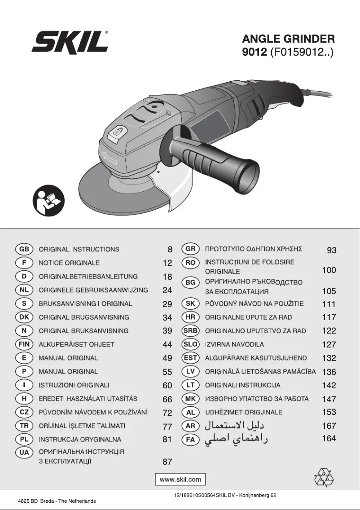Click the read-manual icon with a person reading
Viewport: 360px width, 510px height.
point(48,201)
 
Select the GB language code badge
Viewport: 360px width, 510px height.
point(24,249)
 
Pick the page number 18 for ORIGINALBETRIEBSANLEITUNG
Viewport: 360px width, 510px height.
point(167,277)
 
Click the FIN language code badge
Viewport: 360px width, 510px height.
point(24,344)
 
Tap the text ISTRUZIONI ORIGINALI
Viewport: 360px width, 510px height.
point(74,385)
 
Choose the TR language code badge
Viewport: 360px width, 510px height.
point(24,426)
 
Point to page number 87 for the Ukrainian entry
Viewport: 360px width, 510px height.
point(167,462)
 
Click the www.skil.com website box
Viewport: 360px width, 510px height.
point(180,479)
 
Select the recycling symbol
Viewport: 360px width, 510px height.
point(324,478)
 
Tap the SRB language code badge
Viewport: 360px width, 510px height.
point(190,330)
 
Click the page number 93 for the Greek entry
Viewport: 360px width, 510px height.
point(331,250)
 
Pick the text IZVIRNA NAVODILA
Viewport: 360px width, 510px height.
point(234,344)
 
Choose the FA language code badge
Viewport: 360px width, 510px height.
point(190,440)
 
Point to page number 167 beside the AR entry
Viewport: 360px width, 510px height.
point(329,426)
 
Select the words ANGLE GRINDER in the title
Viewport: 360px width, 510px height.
point(288,39)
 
